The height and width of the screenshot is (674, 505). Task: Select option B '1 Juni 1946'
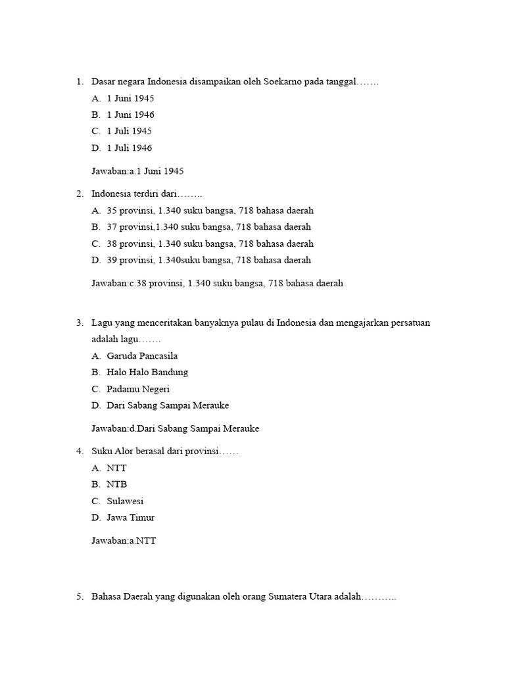coord(130,115)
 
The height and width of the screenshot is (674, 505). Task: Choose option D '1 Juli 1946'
coord(129,148)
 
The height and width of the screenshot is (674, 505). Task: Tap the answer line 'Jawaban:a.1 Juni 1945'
coord(137,171)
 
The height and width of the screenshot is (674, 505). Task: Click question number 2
coord(79,194)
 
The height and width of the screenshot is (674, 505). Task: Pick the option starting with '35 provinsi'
coord(210,211)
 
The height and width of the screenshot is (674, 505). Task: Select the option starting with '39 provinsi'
coord(208,260)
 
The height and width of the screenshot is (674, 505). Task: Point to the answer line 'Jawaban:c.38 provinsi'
coord(217,284)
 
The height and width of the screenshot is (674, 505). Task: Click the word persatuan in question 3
coord(412,323)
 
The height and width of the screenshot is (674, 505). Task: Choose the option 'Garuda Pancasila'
coord(142,356)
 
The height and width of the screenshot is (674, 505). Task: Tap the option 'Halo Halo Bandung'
coord(147,373)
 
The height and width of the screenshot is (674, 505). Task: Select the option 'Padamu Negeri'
coord(138,389)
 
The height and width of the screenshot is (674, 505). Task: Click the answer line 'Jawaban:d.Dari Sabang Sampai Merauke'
coord(175,428)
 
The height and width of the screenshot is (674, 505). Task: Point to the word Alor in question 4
coord(124,452)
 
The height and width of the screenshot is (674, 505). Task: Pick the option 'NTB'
coord(116,484)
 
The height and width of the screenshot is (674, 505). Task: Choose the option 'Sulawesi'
coord(125,501)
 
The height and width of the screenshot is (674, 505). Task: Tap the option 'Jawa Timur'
coord(130,517)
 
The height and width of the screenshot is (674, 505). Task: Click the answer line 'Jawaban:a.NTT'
coord(124,541)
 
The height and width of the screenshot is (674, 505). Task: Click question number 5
coord(79,597)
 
